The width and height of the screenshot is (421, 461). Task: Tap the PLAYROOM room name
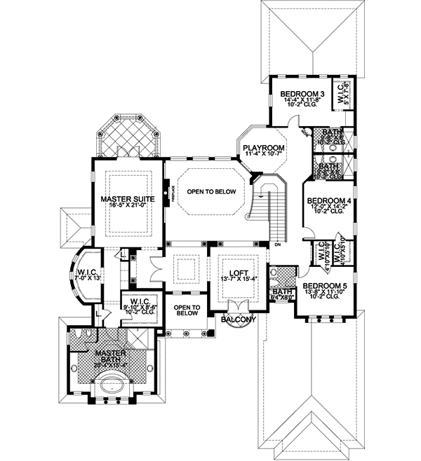[263, 148]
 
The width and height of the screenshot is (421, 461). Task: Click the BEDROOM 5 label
[324, 287]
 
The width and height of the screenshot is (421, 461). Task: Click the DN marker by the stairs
[278, 245]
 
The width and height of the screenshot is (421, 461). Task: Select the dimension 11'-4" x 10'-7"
[263, 155]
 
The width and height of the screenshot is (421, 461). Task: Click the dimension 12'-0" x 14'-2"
[330, 208]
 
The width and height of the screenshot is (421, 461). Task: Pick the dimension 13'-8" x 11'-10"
[324, 293]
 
